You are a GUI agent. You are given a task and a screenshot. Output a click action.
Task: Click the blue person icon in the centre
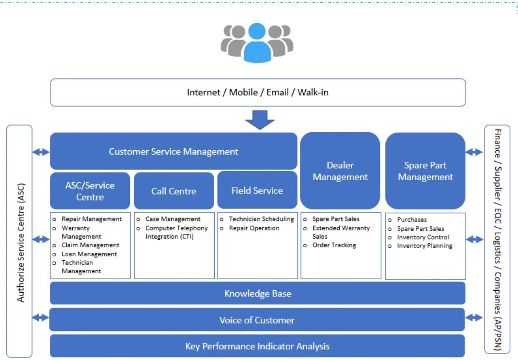(x=257, y=44)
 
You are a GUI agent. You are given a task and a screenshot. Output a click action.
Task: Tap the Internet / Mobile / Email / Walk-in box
(x=257, y=92)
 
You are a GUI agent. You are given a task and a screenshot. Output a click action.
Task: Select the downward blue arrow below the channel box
(x=260, y=120)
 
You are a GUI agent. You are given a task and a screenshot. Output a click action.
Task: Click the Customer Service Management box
(x=173, y=152)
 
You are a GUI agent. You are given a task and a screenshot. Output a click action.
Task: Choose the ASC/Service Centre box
(x=90, y=191)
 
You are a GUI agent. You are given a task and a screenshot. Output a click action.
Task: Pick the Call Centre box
(x=173, y=191)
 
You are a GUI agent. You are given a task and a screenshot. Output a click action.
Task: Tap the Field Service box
(x=257, y=190)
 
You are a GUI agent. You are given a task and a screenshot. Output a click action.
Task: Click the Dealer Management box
(x=340, y=171)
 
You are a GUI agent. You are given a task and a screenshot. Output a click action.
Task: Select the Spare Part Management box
(x=425, y=171)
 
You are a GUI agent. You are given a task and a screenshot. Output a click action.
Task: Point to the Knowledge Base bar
(x=257, y=294)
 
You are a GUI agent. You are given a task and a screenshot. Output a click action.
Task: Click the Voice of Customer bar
(x=257, y=320)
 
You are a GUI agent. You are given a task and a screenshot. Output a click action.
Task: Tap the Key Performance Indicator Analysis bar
(x=257, y=346)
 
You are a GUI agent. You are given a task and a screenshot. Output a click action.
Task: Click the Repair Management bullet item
(x=91, y=219)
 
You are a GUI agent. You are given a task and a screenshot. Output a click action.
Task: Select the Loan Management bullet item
(x=89, y=254)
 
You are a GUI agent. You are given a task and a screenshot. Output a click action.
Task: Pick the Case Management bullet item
(x=173, y=219)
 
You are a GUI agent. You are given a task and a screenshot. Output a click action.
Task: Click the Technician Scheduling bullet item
(x=261, y=219)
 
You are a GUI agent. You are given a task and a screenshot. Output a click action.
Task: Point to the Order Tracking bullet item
(x=334, y=245)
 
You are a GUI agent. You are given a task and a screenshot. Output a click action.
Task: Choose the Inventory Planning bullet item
(x=424, y=246)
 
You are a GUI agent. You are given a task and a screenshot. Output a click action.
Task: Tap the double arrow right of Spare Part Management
(x=474, y=152)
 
